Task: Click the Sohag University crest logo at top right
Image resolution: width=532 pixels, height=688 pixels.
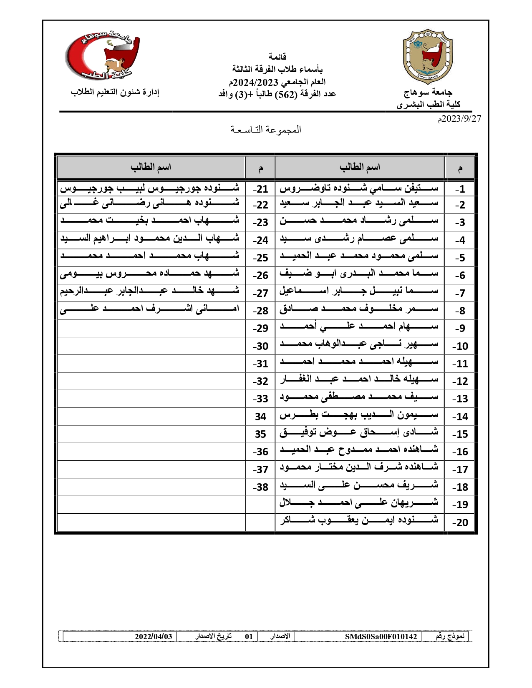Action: click(x=427, y=57)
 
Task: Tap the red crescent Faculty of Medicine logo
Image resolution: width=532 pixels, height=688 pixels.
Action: click(x=103, y=56)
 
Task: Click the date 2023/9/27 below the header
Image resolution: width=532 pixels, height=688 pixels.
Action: click(x=459, y=119)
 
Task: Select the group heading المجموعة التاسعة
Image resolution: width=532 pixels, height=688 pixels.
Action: click(x=266, y=130)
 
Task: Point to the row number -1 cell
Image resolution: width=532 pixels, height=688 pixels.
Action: click(x=460, y=189)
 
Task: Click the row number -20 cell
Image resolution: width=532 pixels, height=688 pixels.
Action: click(x=460, y=522)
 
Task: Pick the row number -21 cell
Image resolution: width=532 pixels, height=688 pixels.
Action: click(x=260, y=189)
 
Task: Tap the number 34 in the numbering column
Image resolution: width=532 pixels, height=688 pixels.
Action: click(x=260, y=417)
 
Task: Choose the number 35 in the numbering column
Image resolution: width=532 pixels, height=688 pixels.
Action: click(x=260, y=434)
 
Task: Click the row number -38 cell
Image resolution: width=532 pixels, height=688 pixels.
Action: click(x=260, y=487)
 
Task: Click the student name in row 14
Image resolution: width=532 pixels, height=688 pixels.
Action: click(x=359, y=415)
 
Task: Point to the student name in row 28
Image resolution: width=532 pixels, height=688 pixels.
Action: click(x=150, y=309)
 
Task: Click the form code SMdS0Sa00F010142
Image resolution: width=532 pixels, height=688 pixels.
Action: click(x=381, y=637)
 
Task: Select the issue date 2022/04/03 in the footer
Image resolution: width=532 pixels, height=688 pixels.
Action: click(x=153, y=637)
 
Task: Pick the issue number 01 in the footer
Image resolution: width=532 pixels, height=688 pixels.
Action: click(x=249, y=637)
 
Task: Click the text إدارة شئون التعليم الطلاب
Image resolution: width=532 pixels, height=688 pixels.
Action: click(x=115, y=92)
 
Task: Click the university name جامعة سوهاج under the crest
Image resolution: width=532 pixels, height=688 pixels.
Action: click(x=428, y=92)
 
